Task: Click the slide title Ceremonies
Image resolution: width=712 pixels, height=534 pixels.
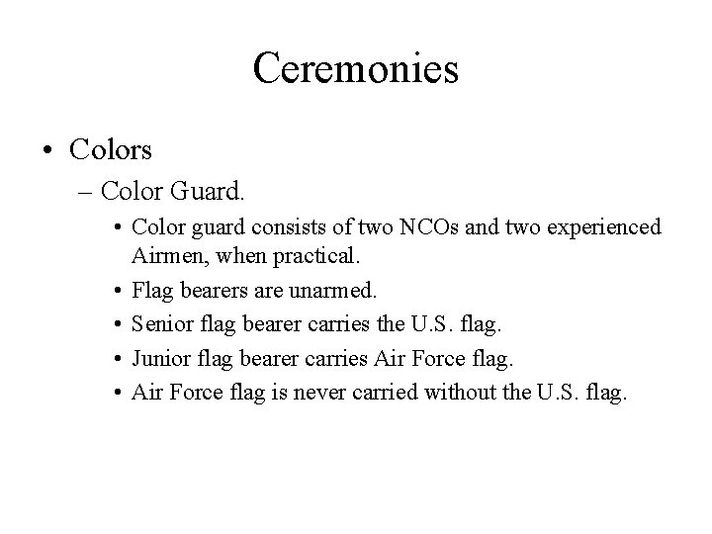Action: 356,68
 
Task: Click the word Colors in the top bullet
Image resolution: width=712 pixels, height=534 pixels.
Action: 111,149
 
